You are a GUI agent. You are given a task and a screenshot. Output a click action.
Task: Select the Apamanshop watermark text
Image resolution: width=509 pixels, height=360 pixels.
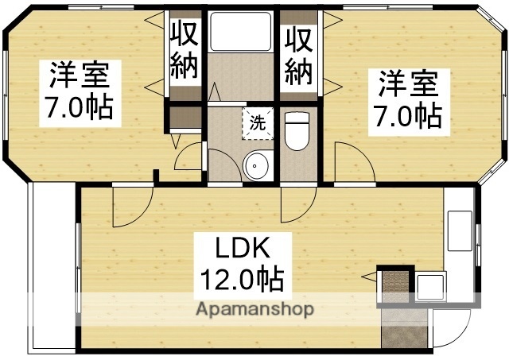point(254,308)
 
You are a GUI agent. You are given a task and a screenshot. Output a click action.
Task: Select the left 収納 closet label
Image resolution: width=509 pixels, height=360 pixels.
point(185,52)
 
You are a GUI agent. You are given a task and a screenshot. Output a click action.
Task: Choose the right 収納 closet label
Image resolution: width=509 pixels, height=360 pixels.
point(300,52)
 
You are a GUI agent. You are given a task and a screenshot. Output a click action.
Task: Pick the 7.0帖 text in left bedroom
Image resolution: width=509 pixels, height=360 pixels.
point(80,108)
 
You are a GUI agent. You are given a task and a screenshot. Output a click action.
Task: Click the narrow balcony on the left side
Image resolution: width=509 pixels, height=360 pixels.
point(52,270)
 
